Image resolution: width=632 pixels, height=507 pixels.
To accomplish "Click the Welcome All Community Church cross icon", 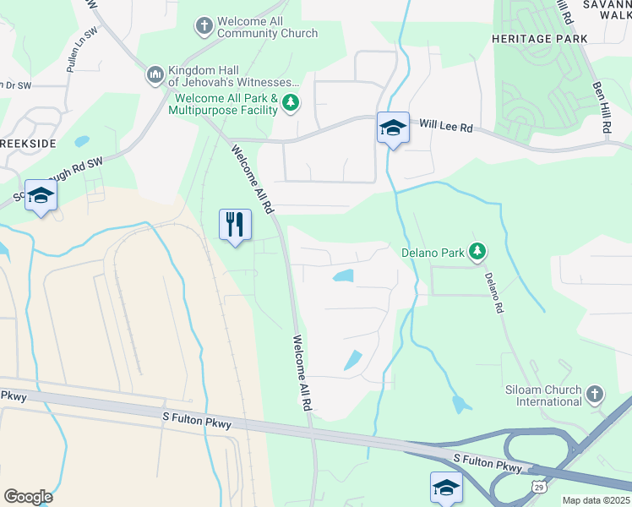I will (x=204, y=26).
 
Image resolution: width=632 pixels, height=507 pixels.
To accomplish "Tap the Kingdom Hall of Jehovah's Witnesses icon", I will (x=155, y=76).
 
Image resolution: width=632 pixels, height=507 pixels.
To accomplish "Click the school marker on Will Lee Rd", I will (x=393, y=128).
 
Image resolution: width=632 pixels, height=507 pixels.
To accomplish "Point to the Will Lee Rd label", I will (x=447, y=123).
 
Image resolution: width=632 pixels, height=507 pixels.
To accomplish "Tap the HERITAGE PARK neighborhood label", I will (x=528, y=40).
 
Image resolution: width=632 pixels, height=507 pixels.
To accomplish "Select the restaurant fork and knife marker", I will (x=234, y=225).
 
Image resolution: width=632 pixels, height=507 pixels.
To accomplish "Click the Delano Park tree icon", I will (x=477, y=251).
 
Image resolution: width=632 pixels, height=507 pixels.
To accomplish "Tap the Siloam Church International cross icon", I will (x=595, y=395).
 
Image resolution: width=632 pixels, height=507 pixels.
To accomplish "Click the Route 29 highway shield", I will (x=539, y=486).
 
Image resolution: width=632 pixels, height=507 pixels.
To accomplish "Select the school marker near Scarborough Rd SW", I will (x=41, y=196).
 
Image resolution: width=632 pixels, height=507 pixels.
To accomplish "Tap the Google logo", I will (x=28, y=496).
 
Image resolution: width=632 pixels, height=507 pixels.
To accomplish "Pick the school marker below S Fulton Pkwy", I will (x=446, y=488).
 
